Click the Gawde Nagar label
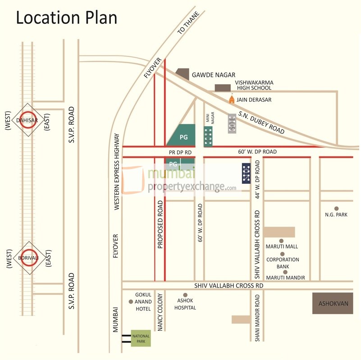pos(214,75)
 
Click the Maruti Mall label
pos(282,246)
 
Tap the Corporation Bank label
pos(283,263)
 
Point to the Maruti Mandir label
pos(285,277)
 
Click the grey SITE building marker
pos(232,123)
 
